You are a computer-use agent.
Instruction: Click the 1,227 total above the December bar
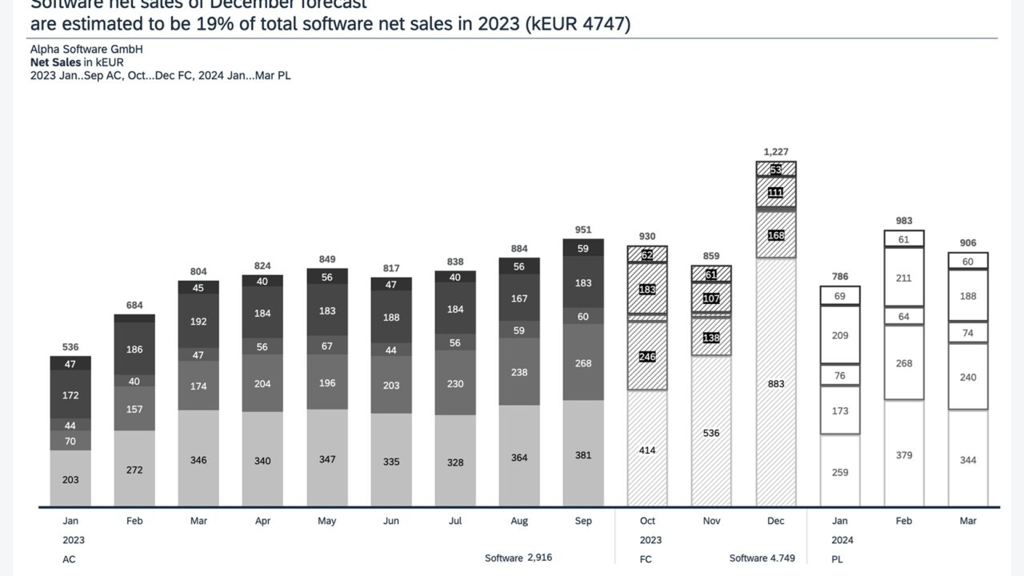coord(775,152)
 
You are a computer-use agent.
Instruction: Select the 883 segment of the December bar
coord(775,384)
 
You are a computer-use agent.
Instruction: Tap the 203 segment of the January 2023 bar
coord(70,479)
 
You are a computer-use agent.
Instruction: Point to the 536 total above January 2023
coord(70,347)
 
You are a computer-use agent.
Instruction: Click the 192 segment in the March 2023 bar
coord(198,322)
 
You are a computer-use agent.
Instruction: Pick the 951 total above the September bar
coord(583,230)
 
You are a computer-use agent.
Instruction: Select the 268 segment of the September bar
coord(583,363)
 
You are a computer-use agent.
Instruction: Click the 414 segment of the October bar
coord(647,450)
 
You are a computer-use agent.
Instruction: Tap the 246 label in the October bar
coord(647,357)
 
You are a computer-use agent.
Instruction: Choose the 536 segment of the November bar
coord(711,433)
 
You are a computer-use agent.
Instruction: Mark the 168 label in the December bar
coord(775,236)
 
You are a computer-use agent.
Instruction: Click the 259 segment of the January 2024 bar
coord(840,472)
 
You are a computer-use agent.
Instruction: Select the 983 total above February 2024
coord(904,221)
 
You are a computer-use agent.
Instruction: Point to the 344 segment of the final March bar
coord(968,460)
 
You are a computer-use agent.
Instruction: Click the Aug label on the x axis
coord(519,521)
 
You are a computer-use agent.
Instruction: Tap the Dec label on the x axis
coord(775,521)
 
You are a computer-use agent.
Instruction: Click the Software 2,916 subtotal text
coord(518,558)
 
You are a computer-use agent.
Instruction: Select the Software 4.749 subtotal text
coord(762,558)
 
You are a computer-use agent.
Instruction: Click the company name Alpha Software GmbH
coord(86,50)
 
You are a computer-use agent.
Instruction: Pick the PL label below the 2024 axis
coord(838,559)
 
